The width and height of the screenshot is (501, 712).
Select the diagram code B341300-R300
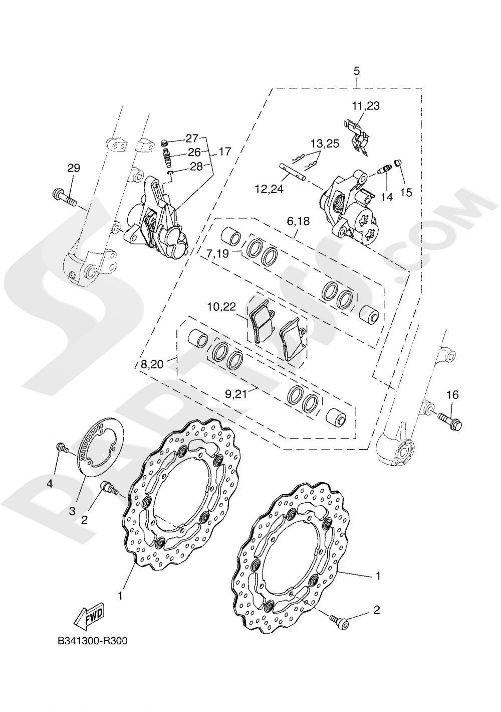tap(89, 641)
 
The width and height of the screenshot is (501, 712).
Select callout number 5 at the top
tap(356, 71)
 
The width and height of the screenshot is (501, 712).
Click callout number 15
tap(406, 192)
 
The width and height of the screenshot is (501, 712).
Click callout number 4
tap(50, 483)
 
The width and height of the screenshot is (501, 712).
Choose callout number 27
tap(192, 138)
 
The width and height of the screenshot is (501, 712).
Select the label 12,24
tap(269, 189)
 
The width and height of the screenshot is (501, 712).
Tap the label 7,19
tap(217, 253)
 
